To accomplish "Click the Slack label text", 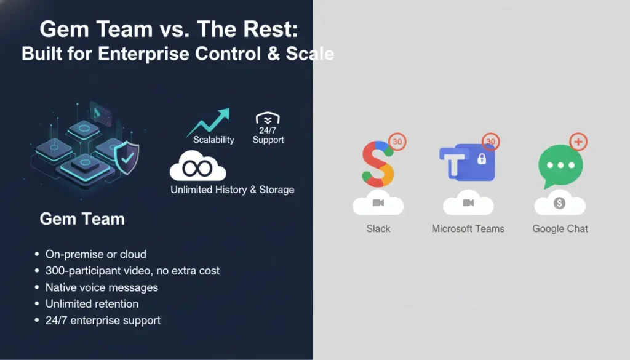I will [378, 229].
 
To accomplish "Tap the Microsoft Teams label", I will [468, 229].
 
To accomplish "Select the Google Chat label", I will [560, 229].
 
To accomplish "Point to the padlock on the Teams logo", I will [482, 159].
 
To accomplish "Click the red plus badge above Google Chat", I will [578, 142].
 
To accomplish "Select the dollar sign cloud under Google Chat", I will [559, 204].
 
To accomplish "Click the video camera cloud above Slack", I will [378, 204].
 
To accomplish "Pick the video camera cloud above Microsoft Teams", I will [468, 204].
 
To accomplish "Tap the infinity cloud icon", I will [197, 166].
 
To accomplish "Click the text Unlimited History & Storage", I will [232, 190].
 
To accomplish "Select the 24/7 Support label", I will [268, 135].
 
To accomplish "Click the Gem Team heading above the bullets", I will [82, 218].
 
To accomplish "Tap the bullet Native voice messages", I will [102, 287].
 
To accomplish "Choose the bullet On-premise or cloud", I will [96, 254].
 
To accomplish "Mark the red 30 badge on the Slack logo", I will [397, 142].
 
